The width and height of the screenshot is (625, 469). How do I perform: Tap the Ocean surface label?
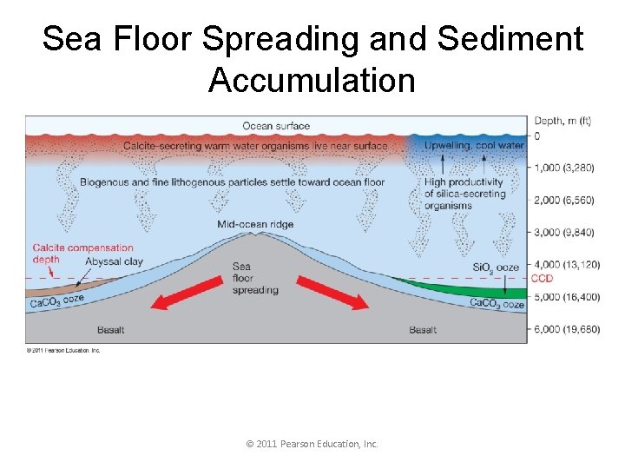276,127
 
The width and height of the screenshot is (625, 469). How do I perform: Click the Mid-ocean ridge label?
255,224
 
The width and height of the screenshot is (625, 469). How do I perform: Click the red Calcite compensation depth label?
83,253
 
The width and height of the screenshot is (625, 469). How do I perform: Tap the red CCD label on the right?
542,279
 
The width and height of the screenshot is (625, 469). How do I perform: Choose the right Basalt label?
423,330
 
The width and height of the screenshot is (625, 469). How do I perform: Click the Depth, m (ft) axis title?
562,121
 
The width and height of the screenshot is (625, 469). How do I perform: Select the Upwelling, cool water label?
474,146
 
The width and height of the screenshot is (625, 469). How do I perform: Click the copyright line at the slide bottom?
312,444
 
